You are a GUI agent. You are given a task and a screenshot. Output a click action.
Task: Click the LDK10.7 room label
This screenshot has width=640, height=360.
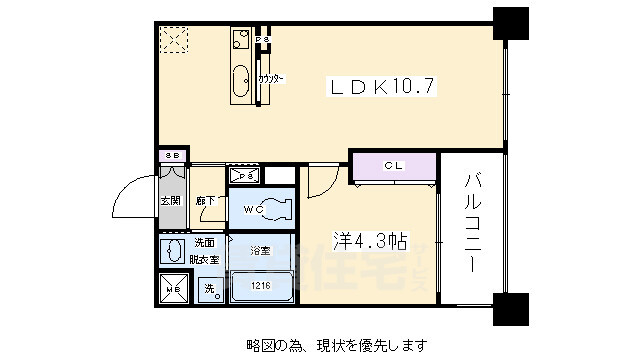point(383,87)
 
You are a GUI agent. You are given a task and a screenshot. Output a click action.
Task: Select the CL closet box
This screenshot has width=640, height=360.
point(393,165)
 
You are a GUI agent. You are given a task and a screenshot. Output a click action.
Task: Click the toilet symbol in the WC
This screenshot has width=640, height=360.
point(275,208)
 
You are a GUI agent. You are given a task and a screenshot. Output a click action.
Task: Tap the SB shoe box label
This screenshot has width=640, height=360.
point(172,156)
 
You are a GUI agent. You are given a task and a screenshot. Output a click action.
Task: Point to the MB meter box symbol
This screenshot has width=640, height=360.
point(173,289)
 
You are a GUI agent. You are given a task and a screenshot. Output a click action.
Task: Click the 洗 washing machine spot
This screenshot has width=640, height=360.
point(210,289)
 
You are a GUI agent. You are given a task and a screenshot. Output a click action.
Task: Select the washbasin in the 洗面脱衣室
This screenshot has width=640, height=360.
point(172,249)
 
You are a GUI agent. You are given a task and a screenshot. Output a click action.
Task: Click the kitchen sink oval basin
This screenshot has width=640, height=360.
point(241,81)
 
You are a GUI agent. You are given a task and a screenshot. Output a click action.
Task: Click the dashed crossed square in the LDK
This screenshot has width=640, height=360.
point(176,41)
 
